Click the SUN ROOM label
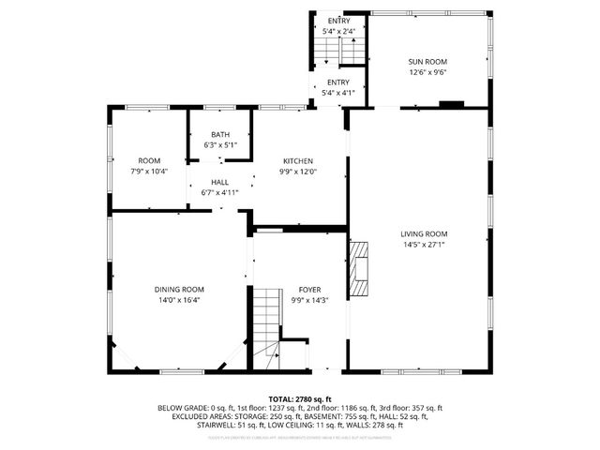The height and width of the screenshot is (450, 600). coord(427,62)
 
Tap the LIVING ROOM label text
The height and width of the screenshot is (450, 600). coord(424,234)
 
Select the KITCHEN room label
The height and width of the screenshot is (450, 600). coord(298,161)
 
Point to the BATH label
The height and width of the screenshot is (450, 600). coord(220,135)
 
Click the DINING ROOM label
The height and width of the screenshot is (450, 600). coord(179,290)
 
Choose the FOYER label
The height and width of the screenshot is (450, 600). coord(309,290)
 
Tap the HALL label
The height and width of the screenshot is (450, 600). coord(219,182)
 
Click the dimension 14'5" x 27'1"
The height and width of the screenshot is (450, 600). coord(424,245)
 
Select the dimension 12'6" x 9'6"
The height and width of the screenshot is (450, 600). coord(427,72)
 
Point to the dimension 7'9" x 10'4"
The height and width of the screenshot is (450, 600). coord(149,172)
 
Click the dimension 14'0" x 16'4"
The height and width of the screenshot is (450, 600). coord(179,300)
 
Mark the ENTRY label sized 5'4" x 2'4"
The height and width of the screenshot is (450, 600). coord(337,21)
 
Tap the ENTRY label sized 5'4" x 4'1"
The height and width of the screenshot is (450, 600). coord(337,82)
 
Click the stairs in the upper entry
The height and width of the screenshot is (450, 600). coord(351,52)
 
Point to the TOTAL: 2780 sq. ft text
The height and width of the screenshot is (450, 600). coord(299,398)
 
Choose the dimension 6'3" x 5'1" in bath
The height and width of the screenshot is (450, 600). coord(220,145)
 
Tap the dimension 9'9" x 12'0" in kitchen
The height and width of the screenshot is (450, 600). coord(298,172)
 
